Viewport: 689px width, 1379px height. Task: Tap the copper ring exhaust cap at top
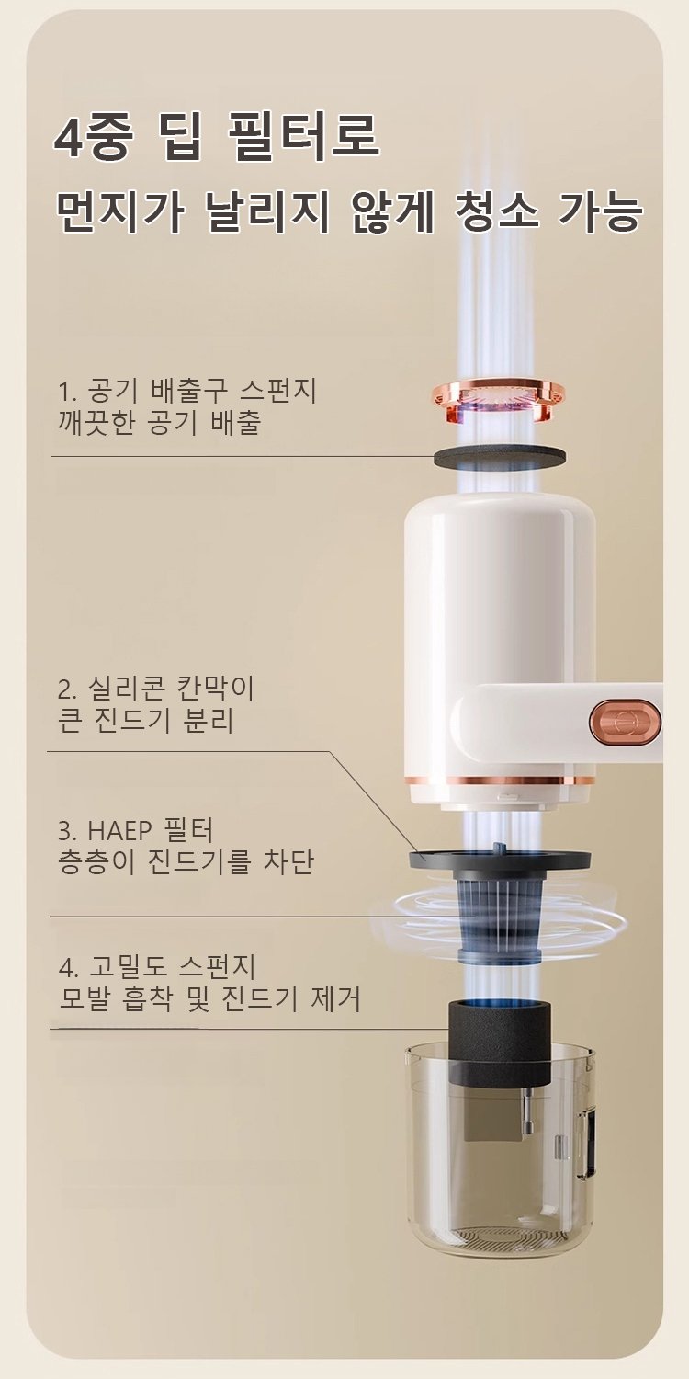tap(499, 399)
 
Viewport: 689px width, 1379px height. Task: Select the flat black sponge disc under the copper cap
tap(500, 457)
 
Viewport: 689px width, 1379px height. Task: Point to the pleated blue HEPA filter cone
tap(500, 916)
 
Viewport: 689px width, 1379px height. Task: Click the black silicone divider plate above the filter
tap(500, 858)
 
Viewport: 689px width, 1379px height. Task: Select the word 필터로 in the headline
tap(302, 137)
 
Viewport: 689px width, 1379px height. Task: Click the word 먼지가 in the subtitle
tap(119, 212)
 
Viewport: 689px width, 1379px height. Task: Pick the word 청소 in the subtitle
tap(496, 212)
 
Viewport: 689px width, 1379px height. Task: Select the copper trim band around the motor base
tap(500, 781)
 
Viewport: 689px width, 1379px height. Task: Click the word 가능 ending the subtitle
tap(600, 212)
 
